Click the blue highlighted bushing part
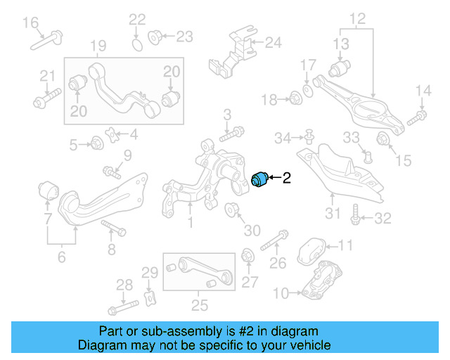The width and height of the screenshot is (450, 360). (x=261, y=179)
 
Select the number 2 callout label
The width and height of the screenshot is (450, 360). (x=286, y=179)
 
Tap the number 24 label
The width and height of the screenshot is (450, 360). (x=272, y=43)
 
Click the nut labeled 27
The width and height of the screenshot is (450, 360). (x=247, y=255)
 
